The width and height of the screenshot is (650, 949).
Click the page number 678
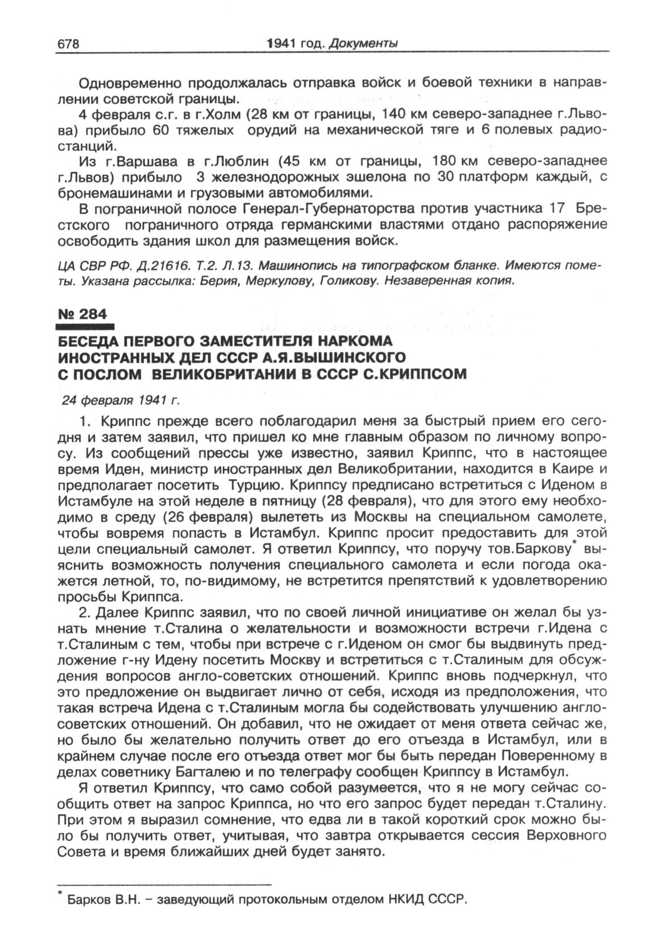[67, 44]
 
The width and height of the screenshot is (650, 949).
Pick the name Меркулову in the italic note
[264, 280]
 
